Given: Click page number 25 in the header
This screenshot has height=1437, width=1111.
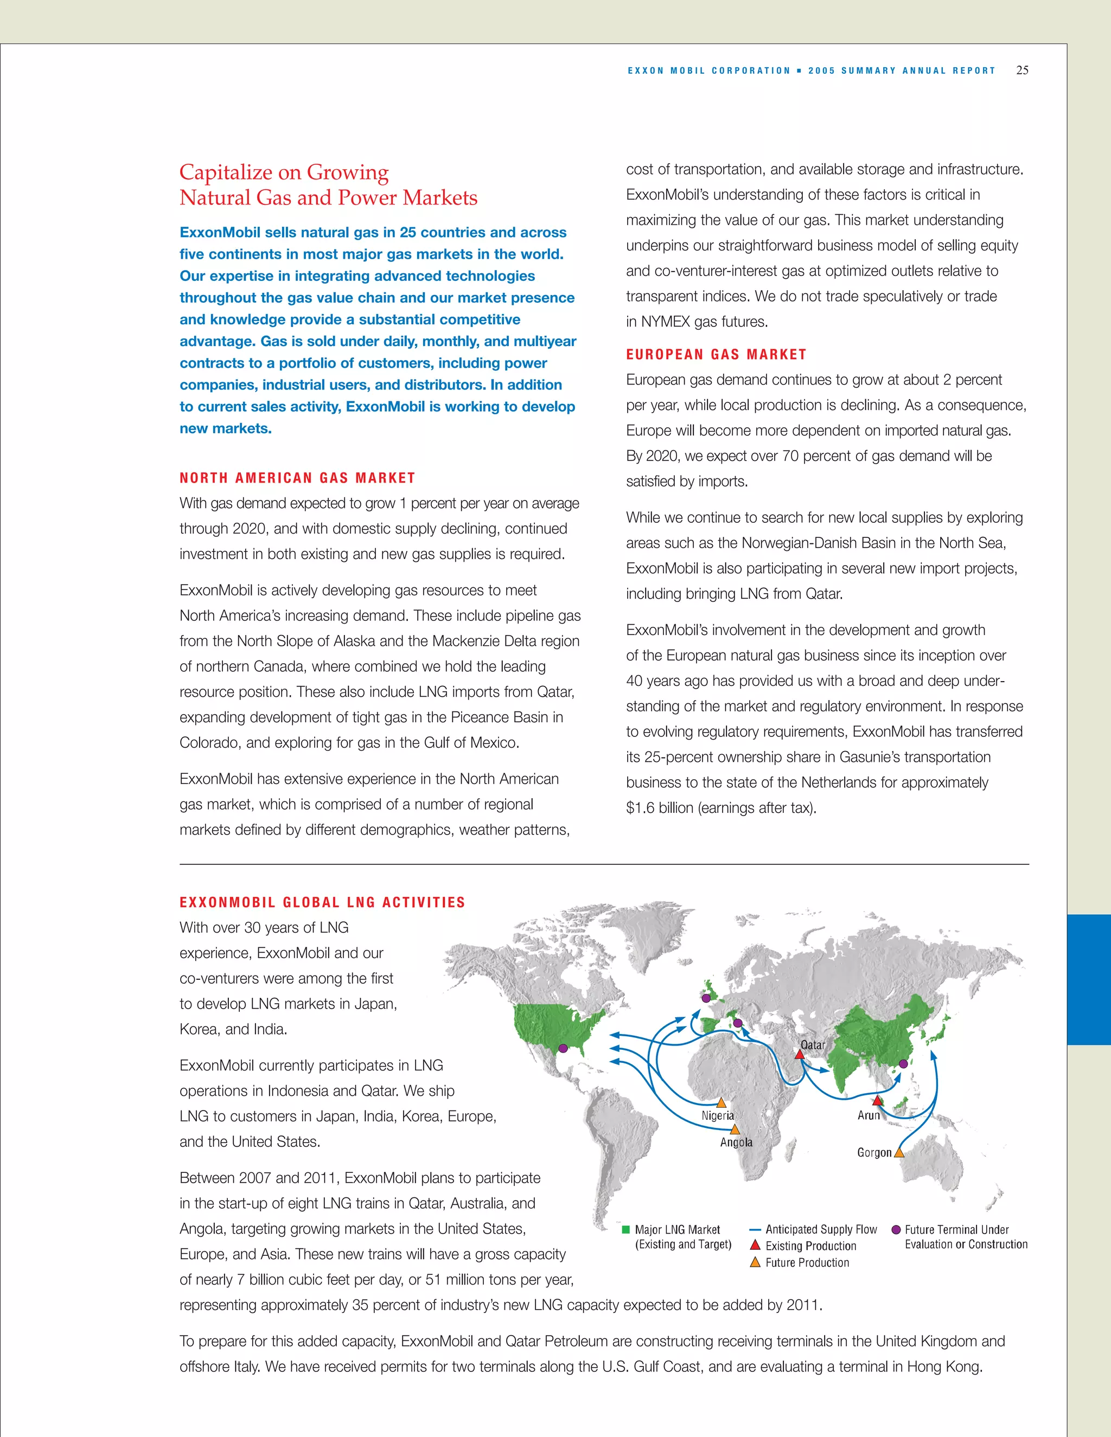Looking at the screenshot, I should [1022, 70].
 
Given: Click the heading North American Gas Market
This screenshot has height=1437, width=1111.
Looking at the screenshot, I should [297, 478].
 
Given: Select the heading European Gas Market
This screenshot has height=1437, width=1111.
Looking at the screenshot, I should [716, 355].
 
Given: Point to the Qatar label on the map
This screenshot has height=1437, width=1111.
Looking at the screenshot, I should [812, 1045].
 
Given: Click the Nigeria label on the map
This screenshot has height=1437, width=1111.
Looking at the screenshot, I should [717, 1116].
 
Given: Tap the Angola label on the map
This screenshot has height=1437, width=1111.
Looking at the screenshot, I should [736, 1142].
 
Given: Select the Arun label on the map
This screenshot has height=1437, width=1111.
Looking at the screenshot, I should [868, 1115].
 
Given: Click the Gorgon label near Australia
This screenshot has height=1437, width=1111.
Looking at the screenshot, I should [874, 1152].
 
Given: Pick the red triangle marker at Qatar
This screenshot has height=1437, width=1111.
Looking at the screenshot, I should [799, 1055].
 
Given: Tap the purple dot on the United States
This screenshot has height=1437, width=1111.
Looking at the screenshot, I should [563, 1048].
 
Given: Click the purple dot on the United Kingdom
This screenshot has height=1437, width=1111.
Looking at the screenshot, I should [706, 998].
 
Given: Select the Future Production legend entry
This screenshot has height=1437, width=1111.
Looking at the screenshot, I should [807, 1262].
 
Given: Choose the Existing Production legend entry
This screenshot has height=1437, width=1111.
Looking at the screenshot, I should [810, 1246].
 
